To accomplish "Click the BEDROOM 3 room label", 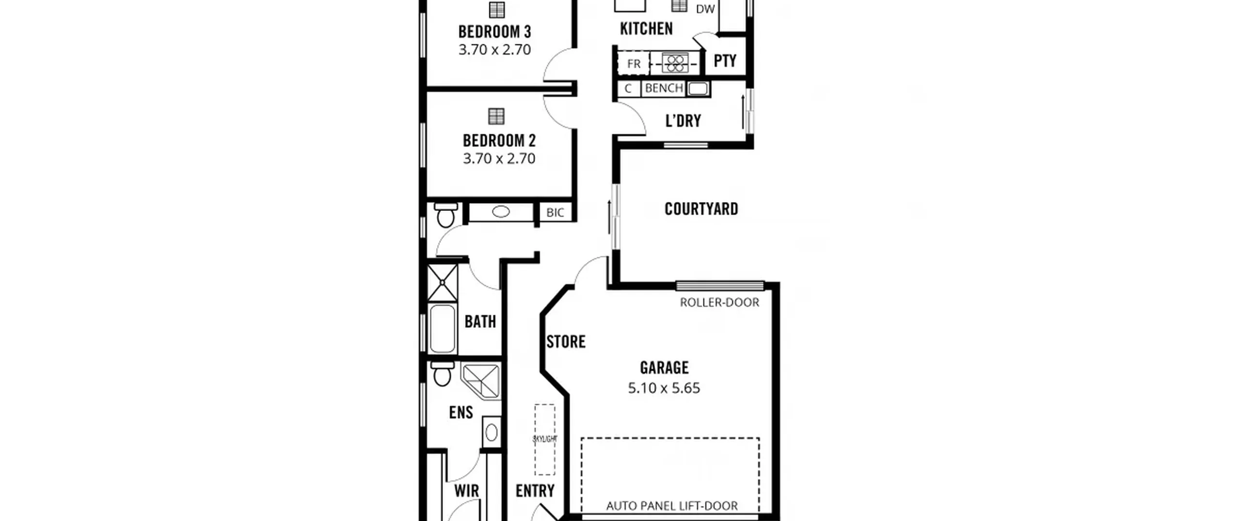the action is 495,32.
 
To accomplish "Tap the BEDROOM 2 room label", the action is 499,141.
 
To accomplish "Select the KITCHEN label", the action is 646,29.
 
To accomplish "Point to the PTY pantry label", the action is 725,61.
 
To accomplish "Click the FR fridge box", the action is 633,63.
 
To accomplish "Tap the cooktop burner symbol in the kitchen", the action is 675,63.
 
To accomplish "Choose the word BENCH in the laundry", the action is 664,88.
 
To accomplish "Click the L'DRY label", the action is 683,121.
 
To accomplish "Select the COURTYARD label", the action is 701,209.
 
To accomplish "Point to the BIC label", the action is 555,213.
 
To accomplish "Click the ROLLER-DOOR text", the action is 719,302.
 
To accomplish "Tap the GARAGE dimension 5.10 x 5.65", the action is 664,388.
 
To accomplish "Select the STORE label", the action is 566,342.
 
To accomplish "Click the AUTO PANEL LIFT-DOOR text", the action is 672,506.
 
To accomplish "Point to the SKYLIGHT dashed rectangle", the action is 545,440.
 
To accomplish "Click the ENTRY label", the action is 535,491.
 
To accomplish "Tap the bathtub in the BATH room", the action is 442,328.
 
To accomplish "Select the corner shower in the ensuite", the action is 481,381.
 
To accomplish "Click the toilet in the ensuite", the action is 442,374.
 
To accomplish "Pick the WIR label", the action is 466,491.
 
